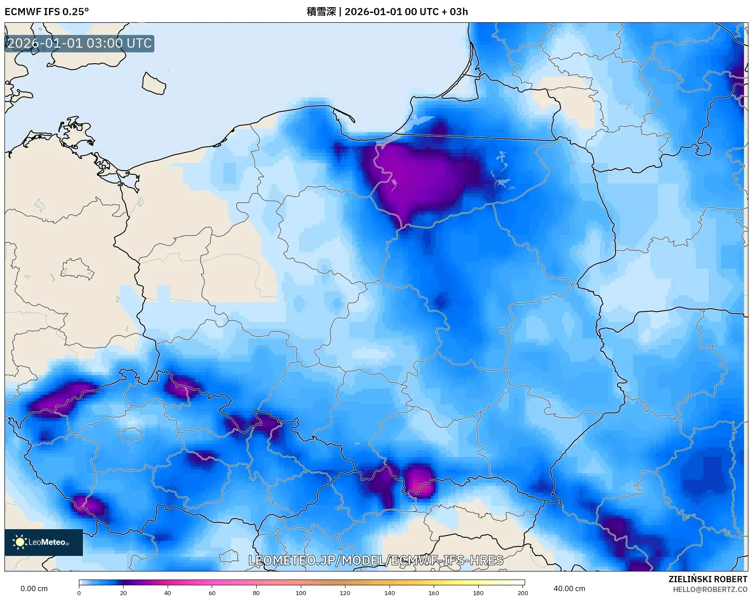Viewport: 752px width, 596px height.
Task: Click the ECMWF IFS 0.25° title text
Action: [46, 12]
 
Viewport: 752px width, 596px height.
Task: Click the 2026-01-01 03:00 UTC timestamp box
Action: [79, 43]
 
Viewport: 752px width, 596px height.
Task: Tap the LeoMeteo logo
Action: [43, 542]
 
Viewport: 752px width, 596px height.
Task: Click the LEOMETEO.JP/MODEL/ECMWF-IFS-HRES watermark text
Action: [376, 560]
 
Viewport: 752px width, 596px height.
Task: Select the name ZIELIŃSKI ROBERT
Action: [707, 579]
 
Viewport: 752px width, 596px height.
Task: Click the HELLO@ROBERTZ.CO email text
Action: [710, 589]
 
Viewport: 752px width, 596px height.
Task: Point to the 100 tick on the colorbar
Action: [301, 592]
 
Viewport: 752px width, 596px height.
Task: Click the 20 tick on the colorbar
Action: [123, 592]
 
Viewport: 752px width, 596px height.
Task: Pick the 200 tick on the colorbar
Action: [522, 592]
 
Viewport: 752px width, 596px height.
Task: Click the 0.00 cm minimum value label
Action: [34, 588]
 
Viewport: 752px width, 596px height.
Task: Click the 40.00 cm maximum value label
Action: [569, 588]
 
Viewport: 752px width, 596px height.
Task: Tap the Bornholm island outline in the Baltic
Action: [154, 84]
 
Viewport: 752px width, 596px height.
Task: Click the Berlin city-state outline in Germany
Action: [77, 269]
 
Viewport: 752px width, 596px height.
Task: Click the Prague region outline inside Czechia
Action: [130, 434]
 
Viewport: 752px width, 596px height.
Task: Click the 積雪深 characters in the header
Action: [321, 12]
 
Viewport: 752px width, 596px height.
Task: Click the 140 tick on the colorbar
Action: [390, 592]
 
